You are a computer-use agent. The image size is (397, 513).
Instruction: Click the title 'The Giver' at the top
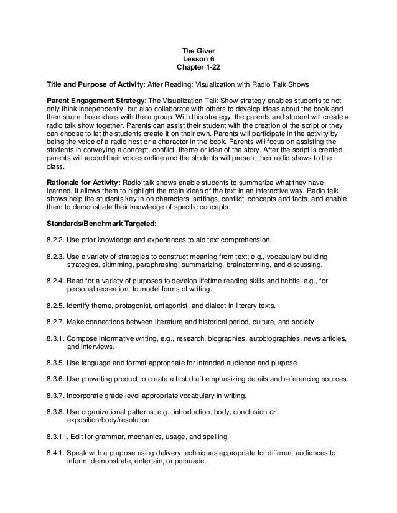pos(198,50)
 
